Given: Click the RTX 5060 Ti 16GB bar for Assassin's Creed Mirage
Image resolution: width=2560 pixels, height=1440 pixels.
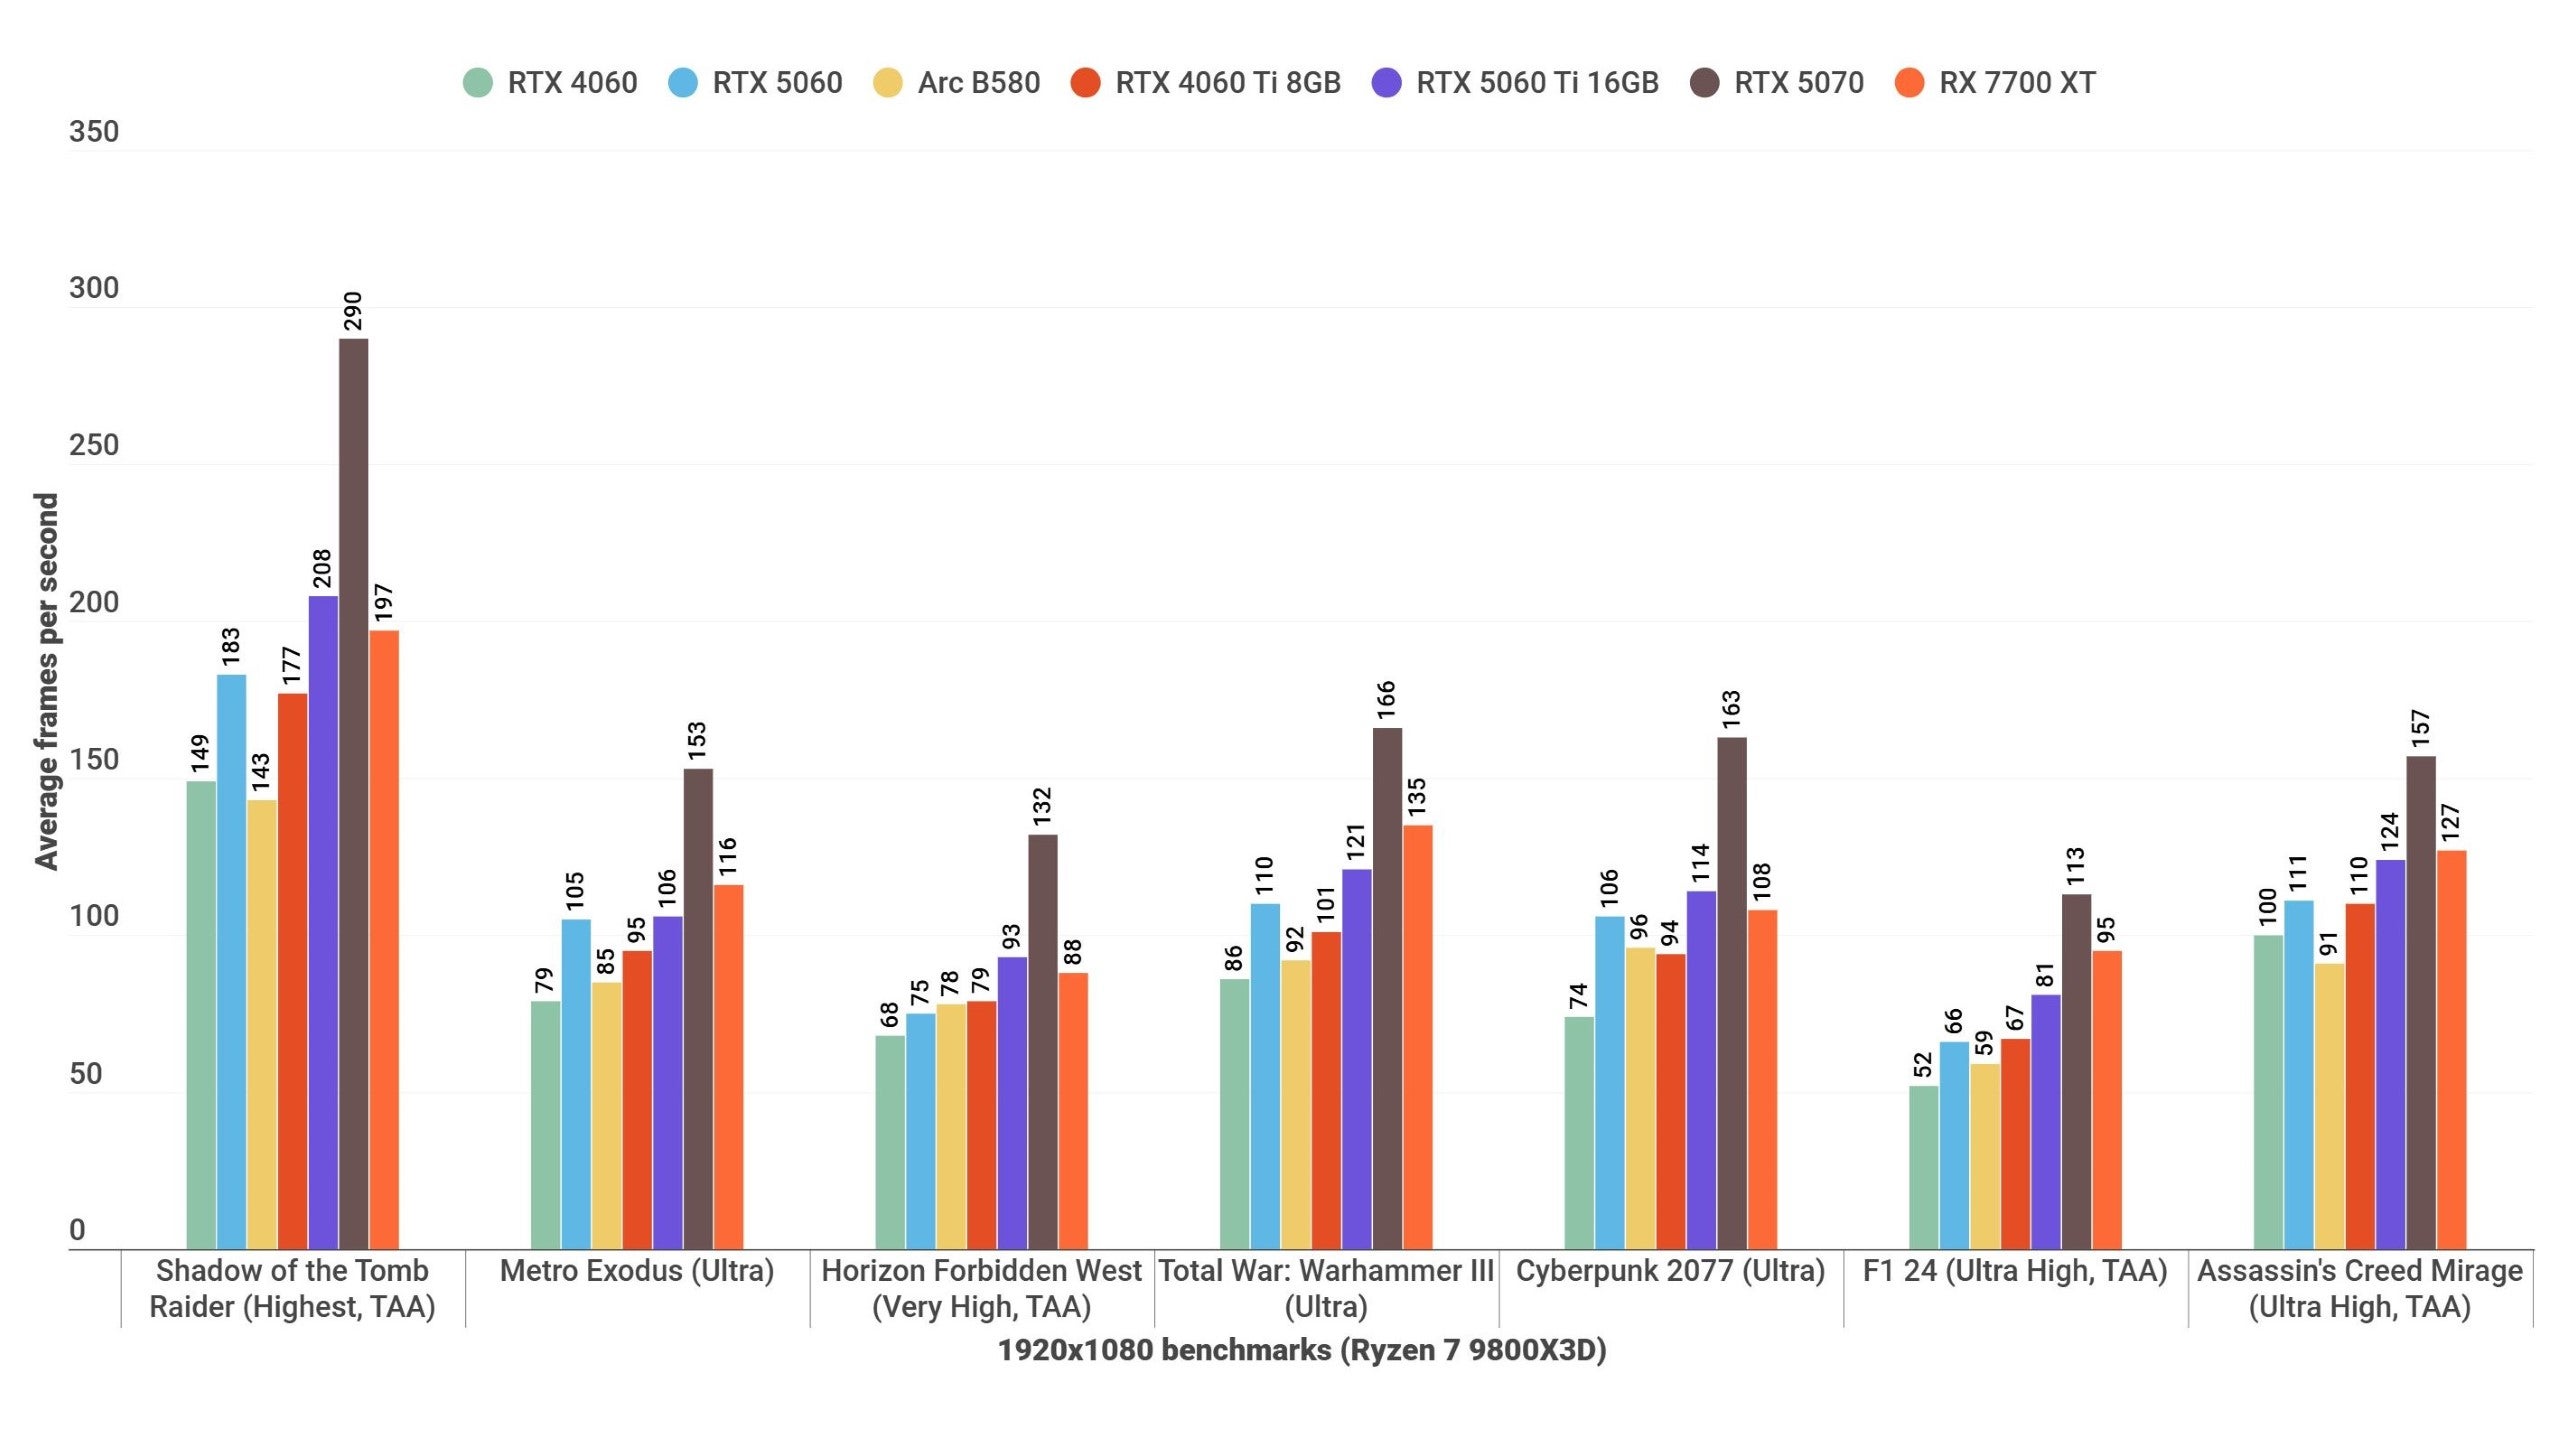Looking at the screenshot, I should click(2390, 1054).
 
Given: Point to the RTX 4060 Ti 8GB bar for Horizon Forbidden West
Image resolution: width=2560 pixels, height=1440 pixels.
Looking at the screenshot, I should click(981, 1124).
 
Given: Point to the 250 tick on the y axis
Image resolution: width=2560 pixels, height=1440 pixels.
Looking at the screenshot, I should click(93, 446).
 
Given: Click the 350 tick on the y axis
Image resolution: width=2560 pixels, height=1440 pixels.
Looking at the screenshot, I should click(93, 132).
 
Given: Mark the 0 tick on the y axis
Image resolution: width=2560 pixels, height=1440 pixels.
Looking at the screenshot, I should click(77, 1231).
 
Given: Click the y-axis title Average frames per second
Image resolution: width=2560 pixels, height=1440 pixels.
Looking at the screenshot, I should click(46, 681).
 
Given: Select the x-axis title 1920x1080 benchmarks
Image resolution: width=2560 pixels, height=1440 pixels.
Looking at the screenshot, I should click(1301, 1350).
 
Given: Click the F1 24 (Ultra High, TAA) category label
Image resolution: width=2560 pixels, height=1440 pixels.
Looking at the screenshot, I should click(2014, 1271).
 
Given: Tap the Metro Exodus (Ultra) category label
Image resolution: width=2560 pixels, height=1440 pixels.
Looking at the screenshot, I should click(637, 1271).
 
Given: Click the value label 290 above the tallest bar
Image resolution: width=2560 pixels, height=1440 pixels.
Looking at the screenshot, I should click(353, 311).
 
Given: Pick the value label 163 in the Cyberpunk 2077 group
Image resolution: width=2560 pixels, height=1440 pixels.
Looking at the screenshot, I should click(1732, 709).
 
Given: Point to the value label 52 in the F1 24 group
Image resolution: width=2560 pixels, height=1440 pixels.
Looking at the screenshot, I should click(1922, 1065).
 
